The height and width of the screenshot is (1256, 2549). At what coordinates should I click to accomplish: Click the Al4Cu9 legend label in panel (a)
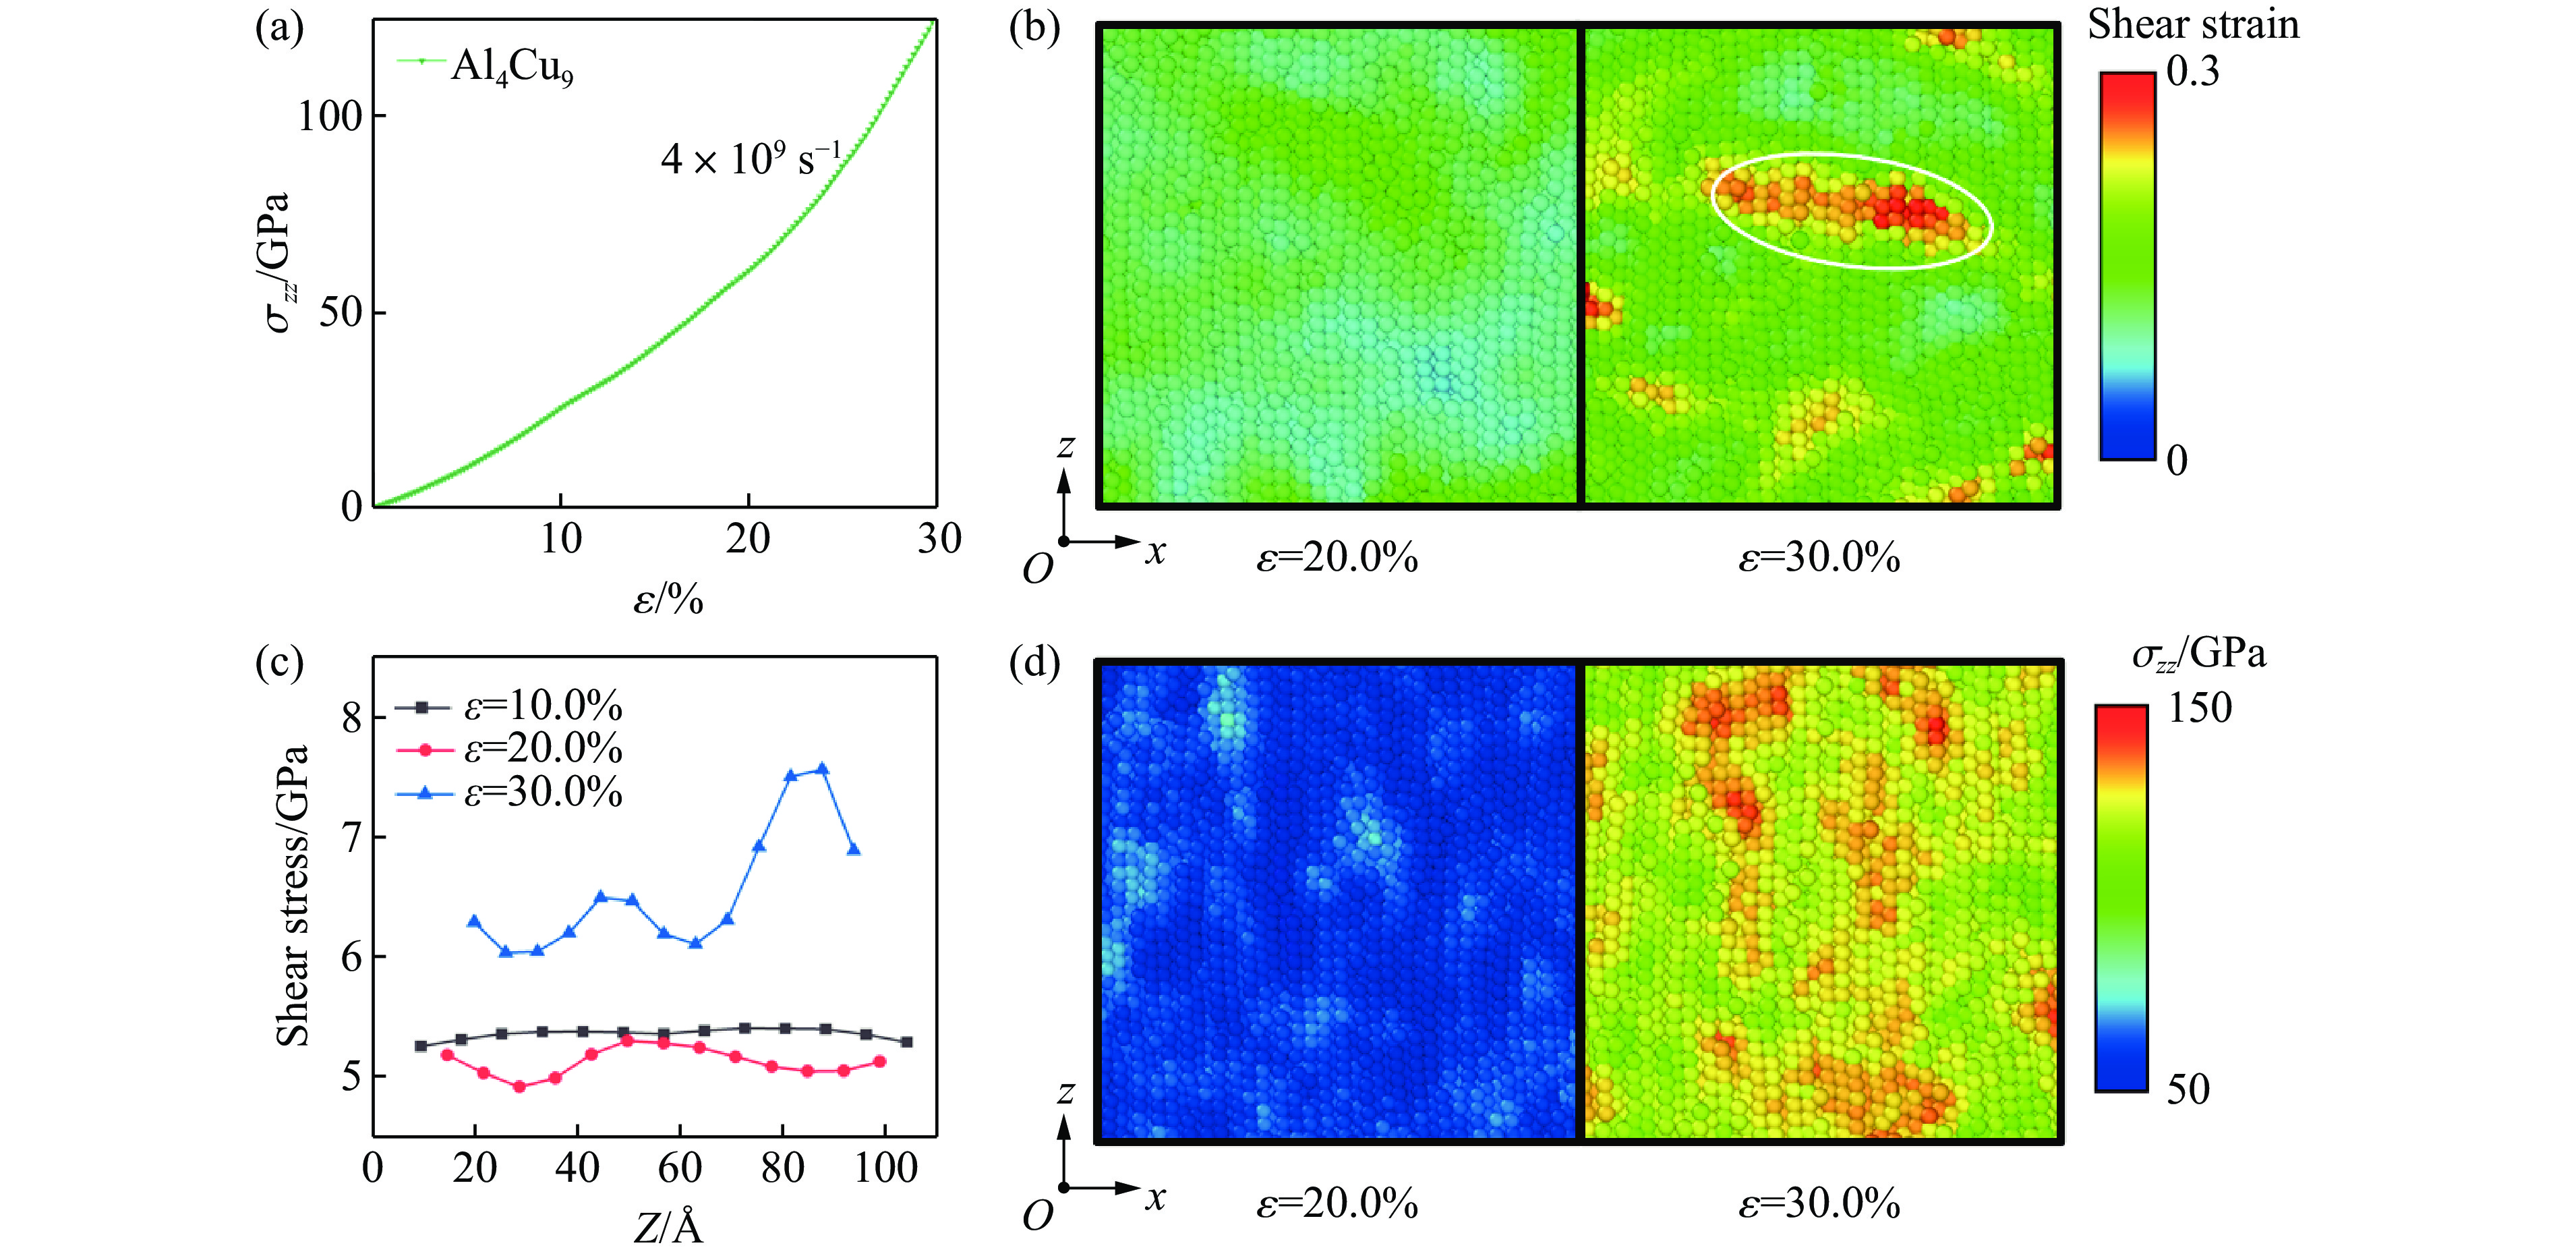(x=512, y=67)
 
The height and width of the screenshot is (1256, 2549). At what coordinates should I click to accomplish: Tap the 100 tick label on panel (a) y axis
(x=330, y=117)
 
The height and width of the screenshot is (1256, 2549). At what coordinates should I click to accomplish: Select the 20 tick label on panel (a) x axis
(x=748, y=540)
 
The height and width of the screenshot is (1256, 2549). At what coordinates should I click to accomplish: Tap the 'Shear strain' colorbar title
(x=2193, y=25)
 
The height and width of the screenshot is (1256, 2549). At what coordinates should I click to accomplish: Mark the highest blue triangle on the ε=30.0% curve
(x=821, y=769)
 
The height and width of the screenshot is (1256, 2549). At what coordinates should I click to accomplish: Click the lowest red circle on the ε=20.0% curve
(x=519, y=1086)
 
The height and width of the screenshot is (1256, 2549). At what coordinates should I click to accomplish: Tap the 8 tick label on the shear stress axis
(x=352, y=718)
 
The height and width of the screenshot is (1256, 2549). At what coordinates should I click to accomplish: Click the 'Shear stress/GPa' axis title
(x=293, y=896)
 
